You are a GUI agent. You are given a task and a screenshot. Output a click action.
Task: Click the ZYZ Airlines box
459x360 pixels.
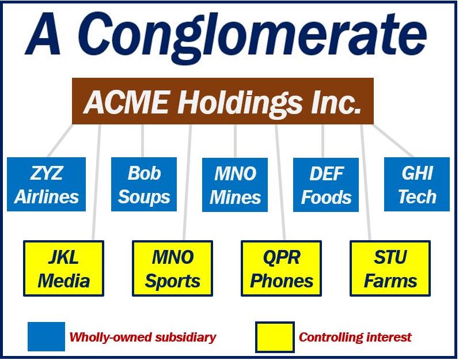pos(46,184)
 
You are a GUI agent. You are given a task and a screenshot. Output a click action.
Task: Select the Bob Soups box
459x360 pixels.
pos(144,184)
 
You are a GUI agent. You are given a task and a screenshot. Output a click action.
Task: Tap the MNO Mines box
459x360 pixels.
pos(235,184)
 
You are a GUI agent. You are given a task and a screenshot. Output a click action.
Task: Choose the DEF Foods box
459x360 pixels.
pos(326,184)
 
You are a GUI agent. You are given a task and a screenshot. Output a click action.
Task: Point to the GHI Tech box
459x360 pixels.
pos(417,184)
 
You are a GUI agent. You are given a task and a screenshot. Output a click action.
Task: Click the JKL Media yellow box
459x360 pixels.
pos(63,268)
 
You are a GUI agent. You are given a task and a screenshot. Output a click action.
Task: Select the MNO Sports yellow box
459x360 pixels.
pos(172,268)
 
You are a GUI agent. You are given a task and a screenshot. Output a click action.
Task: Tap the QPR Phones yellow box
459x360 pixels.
pos(281,268)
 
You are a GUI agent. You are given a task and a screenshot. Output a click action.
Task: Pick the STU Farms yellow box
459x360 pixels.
pos(390,268)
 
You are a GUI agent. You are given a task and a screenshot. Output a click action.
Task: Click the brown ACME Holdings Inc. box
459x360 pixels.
pos(223,101)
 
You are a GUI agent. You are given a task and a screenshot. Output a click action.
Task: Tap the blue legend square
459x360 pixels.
pos(46,336)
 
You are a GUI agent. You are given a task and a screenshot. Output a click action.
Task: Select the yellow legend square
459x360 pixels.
pos(275,337)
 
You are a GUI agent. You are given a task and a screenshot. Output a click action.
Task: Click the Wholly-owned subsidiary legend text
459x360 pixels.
pos(143,337)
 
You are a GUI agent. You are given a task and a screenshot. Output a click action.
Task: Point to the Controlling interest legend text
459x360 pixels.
pos(355,337)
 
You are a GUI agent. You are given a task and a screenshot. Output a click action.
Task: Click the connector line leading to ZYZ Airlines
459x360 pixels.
pos(60,141)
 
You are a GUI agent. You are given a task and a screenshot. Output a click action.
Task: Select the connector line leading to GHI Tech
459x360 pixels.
pos(393,141)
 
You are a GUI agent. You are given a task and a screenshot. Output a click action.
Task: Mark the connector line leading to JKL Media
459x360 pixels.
pos(97,183)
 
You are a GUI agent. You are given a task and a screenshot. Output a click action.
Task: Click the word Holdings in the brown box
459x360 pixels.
pos(240,104)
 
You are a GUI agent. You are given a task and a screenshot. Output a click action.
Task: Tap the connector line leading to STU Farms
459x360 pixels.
pos(365,183)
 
